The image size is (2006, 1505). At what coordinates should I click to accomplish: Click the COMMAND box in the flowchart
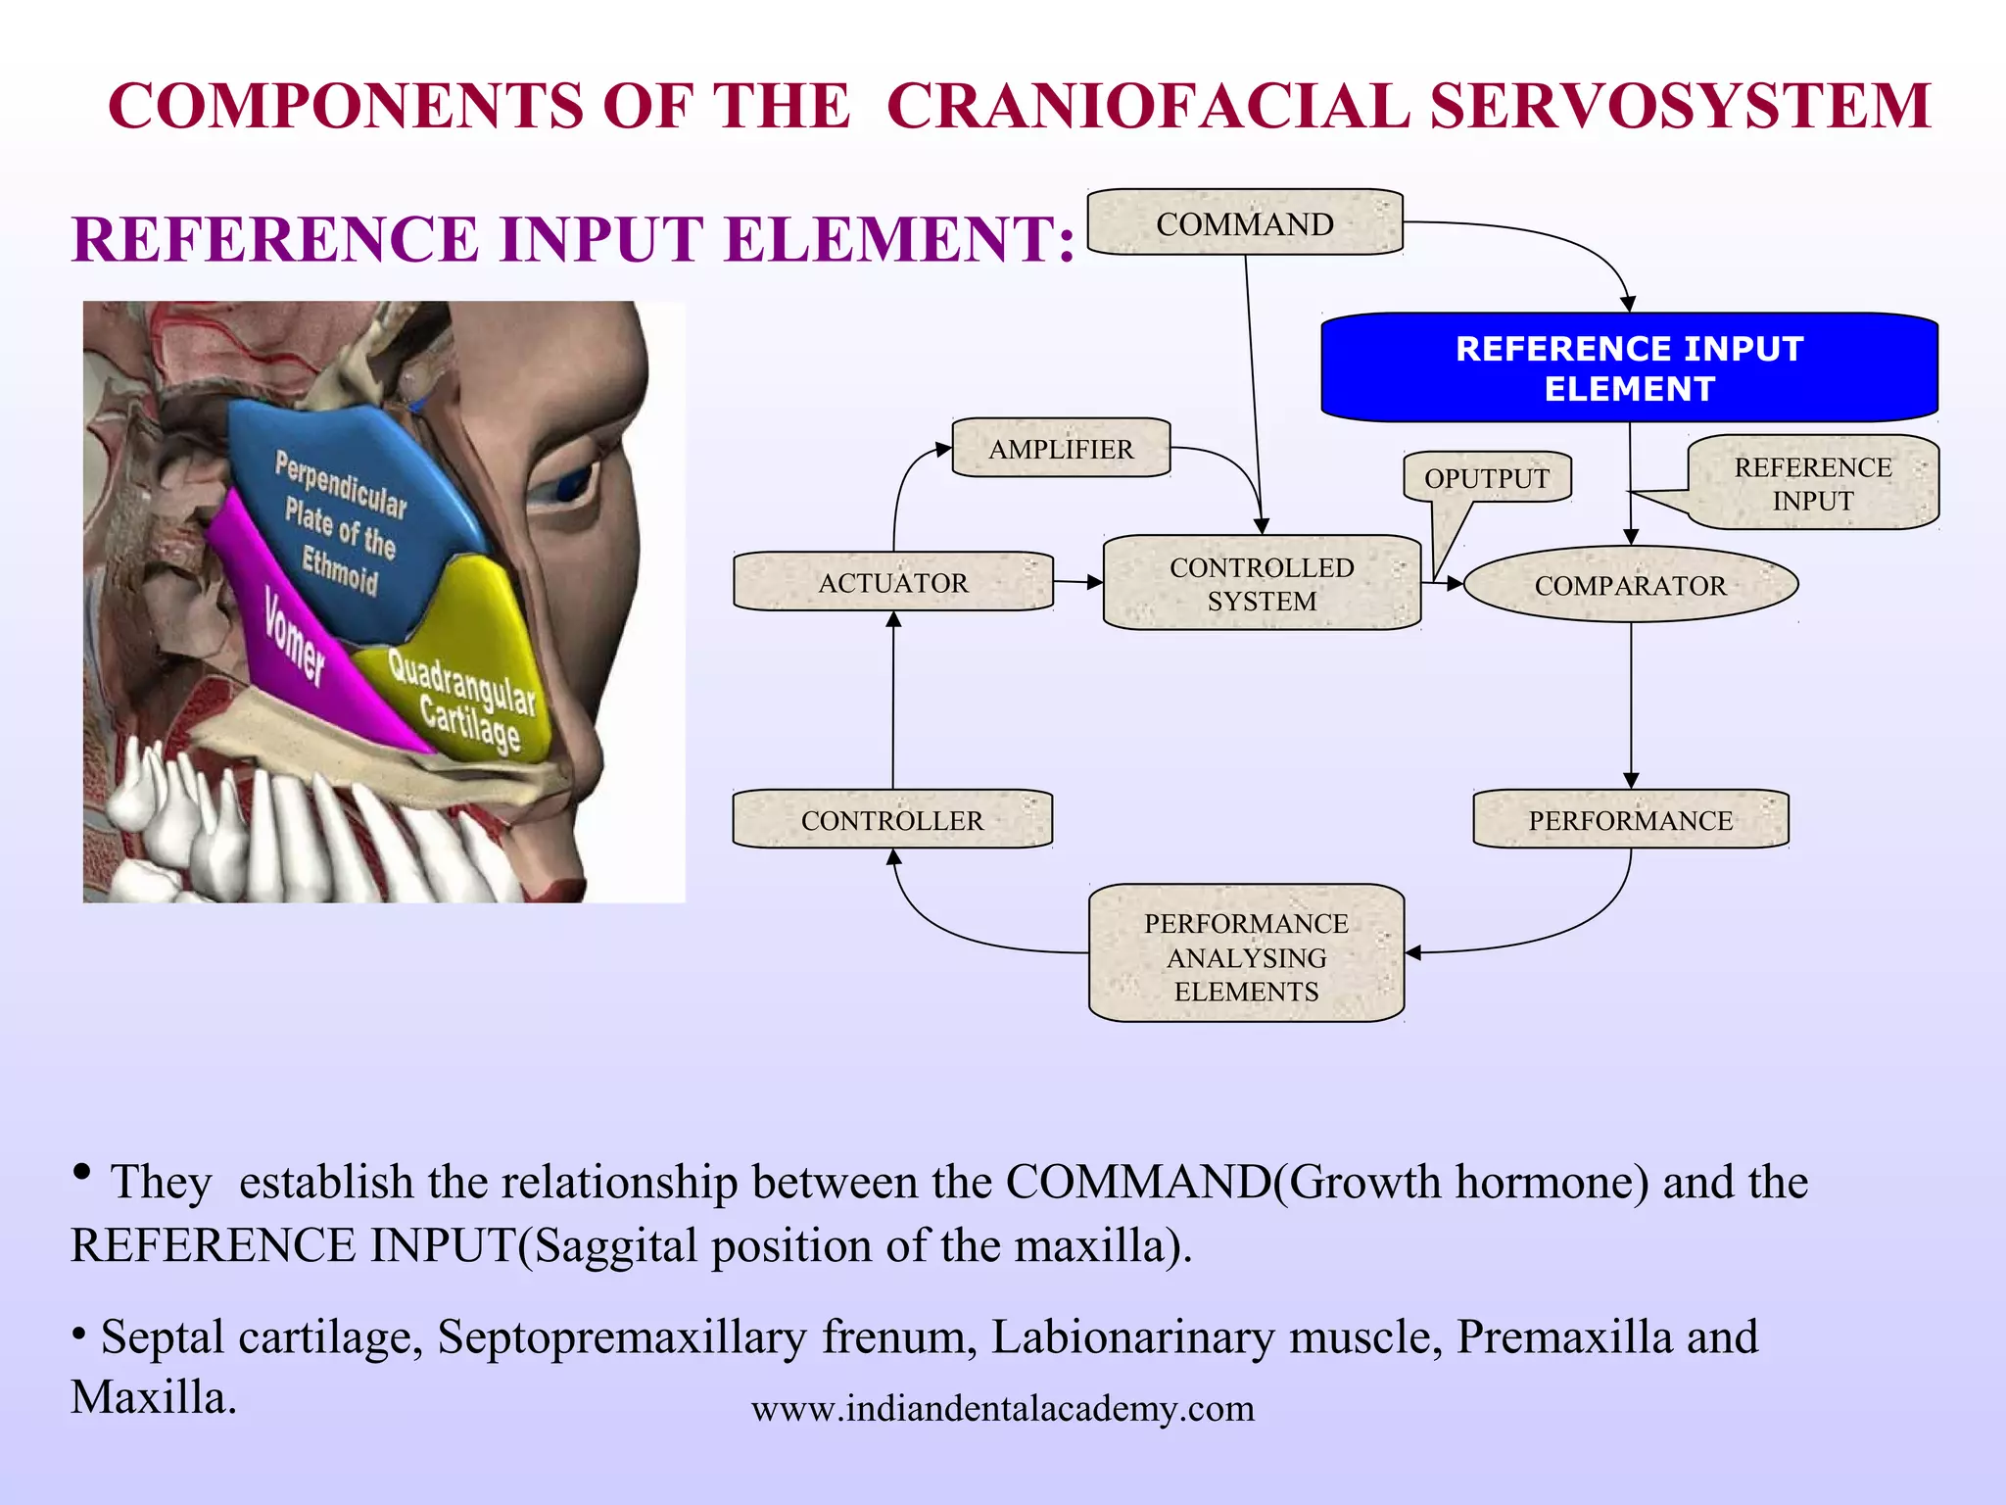pos(1245,223)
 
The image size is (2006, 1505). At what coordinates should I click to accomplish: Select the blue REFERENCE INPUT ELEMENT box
pos(1629,368)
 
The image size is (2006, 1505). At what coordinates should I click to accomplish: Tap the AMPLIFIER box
pos(1061,449)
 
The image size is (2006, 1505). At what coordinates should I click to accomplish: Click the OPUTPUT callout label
pos(1486,478)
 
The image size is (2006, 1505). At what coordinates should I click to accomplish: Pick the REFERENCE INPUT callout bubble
pos(1812,484)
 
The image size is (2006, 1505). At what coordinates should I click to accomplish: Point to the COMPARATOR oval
pos(1630,585)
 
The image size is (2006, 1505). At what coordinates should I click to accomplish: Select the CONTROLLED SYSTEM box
pos(1262,584)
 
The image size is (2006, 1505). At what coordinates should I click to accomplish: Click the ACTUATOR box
pos(892,583)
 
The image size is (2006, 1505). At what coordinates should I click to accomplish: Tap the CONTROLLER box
pos(891,820)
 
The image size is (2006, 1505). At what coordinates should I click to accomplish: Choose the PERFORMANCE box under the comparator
pos(1630,820)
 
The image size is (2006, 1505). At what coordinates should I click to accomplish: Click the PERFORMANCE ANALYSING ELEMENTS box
pos(1246,956)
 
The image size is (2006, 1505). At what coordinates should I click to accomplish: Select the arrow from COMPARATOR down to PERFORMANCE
pos(1631,705)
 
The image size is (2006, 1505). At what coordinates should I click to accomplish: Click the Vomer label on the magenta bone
pos(294,637)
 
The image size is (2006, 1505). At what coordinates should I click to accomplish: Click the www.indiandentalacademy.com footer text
pos(1002,1409)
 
